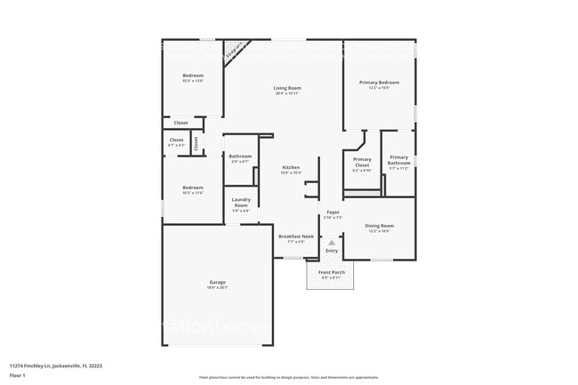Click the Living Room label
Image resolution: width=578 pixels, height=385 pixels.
click(x=286, y=87)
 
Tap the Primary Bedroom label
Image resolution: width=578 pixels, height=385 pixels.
click(x=379, y=83)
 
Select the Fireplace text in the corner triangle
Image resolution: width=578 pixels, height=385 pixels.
click(x=233, y=49)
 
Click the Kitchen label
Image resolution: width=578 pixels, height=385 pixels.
click(x=291, y=167)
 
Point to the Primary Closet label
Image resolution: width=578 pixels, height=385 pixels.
click(x=362, y=162)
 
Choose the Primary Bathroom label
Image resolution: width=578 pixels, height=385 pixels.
click(x=398, y=160)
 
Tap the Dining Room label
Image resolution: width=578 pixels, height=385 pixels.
click(x=380, y=226)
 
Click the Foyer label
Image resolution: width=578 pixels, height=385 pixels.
click(x=333, y=213)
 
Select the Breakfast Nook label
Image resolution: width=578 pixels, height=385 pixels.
click(x=292, y=237)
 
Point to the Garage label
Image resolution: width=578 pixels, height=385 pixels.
click(x=218, y=283)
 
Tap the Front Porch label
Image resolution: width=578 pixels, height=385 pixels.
click(x=331, y=272)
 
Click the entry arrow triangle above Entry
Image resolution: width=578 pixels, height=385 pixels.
click(x=333, y=240)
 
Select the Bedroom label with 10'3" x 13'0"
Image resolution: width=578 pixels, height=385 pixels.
click(x=193, y=76)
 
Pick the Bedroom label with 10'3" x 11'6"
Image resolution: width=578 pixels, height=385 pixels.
click(x=193, y=188)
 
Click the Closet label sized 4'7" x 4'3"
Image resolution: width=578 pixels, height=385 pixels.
click(x=176, y=140)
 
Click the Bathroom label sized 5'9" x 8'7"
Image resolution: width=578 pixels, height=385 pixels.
click(x=241, y=156)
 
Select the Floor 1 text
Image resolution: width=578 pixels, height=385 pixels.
click(x=18, y=373)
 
